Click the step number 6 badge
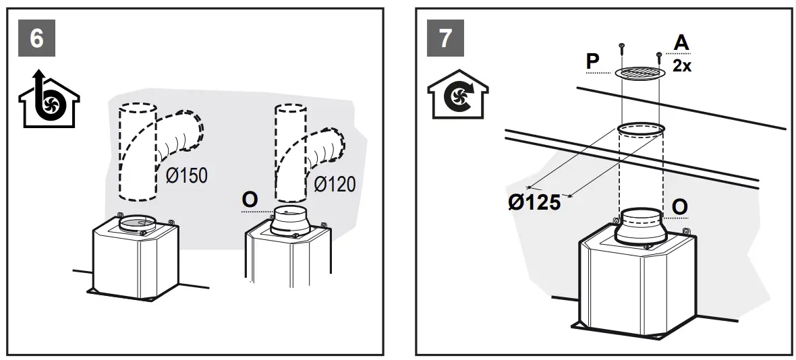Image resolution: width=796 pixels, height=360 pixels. pos(37,38)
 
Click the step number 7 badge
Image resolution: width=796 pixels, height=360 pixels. pos(445,38)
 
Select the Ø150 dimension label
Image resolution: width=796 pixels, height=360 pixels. pos(186,176)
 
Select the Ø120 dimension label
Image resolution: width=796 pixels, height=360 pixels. pos(335,183)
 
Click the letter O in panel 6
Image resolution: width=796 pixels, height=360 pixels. pos(250,200)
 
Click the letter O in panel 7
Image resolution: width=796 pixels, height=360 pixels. pos(679,206)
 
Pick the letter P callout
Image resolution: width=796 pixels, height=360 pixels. pos(593,61)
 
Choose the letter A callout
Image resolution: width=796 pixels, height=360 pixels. pos(681,42)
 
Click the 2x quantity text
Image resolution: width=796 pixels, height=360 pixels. pos(681,65)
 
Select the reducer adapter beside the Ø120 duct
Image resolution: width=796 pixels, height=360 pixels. pos(291,221)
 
